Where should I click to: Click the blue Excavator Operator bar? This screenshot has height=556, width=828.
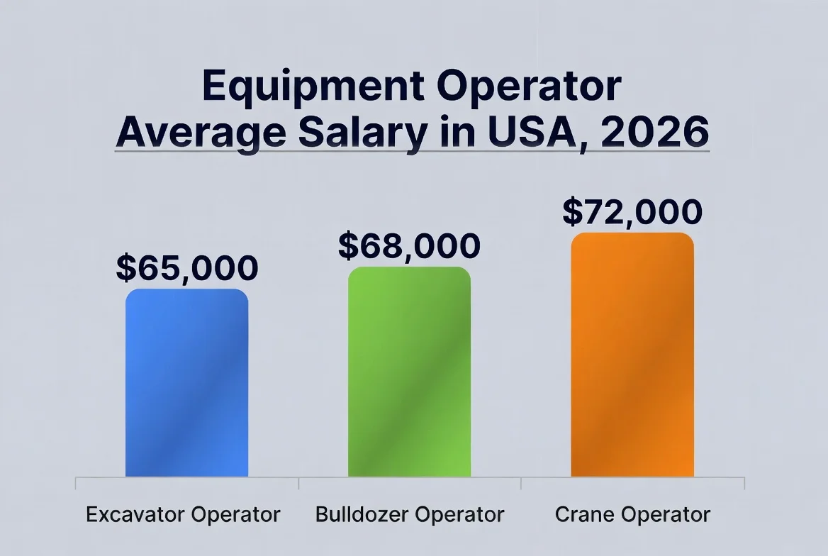tap(186, 383)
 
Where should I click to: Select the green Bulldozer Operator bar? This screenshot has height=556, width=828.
tap(409, 372)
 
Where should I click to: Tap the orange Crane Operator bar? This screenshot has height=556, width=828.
tap(632, 355)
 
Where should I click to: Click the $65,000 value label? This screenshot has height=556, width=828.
tap(186, 268)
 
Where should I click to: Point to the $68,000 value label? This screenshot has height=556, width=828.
tap(409, 246)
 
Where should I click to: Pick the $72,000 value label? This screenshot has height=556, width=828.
tap(632, 211)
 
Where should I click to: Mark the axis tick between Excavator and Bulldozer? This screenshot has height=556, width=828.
tap(298, 482)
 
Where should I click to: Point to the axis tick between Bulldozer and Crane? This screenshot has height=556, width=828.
tap(521, 482)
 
